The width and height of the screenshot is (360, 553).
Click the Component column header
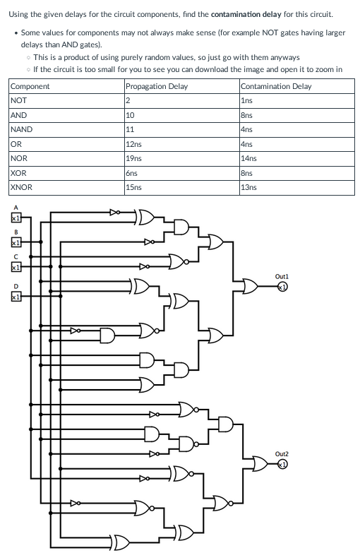[30, 86]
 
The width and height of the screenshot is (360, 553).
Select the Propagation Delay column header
[156, 86]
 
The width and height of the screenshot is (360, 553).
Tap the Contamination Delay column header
[275, 86]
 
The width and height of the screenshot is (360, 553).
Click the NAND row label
[21, 129]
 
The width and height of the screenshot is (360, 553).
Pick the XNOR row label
[21, 187]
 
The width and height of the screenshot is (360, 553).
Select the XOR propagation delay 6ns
[131, 173]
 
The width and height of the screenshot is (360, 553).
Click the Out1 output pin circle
[281, 287]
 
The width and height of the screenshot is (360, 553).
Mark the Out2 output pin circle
[281, 464]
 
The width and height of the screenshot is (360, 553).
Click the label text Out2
[281, 453]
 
